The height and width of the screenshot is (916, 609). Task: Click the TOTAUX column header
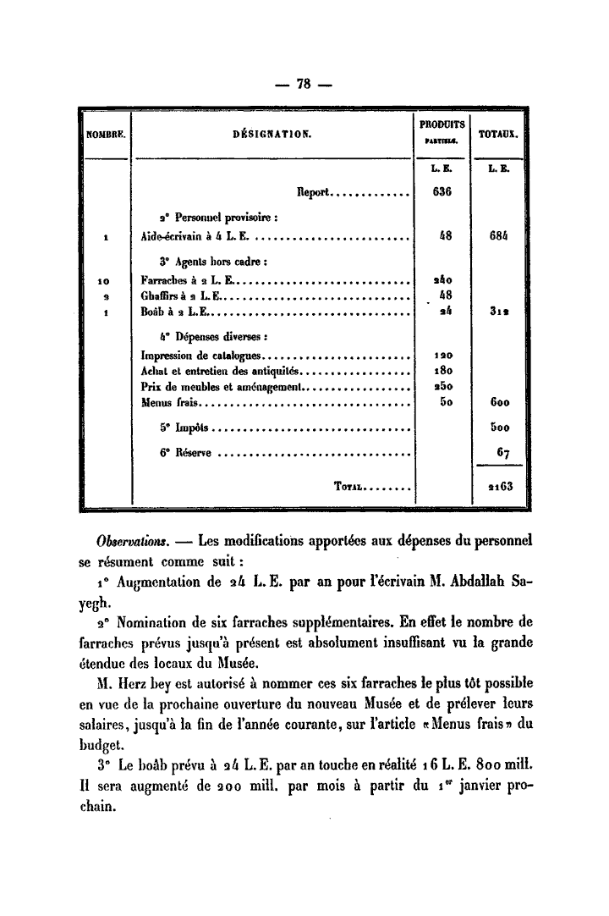pyautogui.click(x=499, y=134)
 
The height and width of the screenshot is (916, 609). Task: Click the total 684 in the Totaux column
pyautogui.click(x=500, y=238)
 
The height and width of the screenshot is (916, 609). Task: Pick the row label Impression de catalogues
pyautogui.click(x=203, y=356)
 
